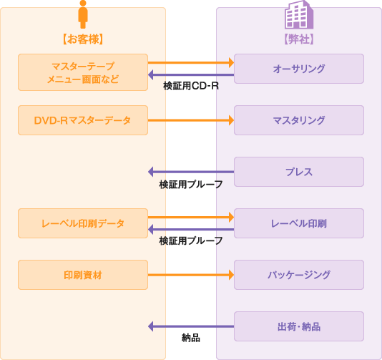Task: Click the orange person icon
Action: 83,14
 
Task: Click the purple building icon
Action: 299,14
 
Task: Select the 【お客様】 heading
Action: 83,39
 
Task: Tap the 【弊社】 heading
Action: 299,39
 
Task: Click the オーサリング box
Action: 299,69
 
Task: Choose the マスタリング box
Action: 299,120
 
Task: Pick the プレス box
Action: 299,172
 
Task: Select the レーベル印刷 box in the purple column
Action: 299,223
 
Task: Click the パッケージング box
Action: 299,275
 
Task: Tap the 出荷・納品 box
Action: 299,326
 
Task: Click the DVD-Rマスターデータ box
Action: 83,120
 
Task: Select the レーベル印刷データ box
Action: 83,223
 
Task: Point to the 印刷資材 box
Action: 83,275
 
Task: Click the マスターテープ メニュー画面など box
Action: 83,72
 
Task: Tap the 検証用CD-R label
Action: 191,86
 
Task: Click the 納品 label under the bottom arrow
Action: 191,338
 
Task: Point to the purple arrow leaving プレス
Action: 191,172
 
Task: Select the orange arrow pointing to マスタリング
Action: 191,120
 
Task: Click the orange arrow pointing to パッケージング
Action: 191,275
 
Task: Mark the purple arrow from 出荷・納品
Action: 191,326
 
